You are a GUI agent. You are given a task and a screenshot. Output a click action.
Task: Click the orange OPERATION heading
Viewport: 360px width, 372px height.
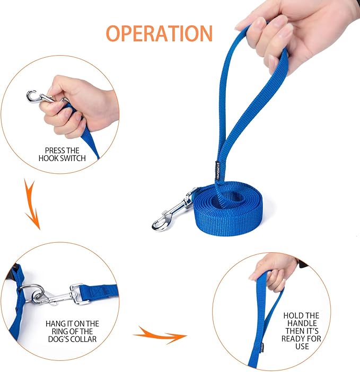point(159,33)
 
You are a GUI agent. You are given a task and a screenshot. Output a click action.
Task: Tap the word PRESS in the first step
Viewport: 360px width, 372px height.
point(56,150)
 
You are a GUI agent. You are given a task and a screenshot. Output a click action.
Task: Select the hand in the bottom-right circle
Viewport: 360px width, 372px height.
point(273,270)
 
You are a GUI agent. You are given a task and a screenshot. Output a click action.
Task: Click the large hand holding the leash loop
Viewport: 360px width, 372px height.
point(286,32)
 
